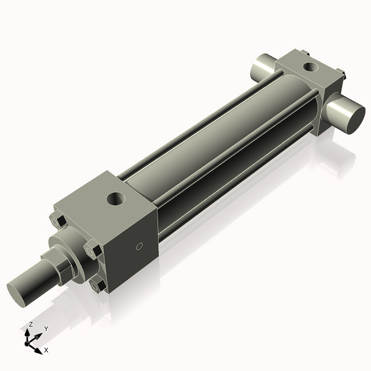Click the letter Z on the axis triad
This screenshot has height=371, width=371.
tap(31, 324)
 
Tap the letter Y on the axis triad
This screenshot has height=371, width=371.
tap(46, 328)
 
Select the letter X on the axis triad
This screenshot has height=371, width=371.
tap(46, 350)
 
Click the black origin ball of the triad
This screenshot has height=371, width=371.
tap(28, 343)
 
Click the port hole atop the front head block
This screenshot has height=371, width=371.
tap(114, 199)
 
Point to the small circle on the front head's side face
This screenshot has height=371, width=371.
tap(139, 247)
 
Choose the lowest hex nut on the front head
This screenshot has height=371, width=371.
tap(97, 286)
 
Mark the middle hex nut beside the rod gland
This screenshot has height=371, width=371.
tap(93, 251)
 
